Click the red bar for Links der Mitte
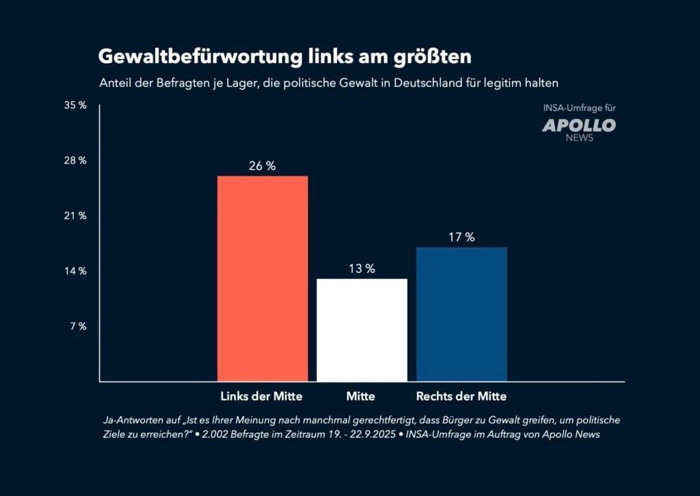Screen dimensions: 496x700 coord(262,278)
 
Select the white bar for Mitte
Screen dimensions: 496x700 coord(362,330)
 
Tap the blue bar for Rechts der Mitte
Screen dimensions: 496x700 coord(461,314)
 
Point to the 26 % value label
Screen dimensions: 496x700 coord(262,166)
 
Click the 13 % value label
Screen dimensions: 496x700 coord(362,269)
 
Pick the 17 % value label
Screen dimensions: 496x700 coord(461,237)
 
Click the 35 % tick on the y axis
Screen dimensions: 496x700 coord(76,106)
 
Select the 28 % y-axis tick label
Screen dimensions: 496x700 coord(76,161)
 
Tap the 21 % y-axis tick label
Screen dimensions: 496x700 coord(76,216)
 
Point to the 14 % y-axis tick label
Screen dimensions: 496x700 coord(76,271)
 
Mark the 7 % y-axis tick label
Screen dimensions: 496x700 coord(78,326)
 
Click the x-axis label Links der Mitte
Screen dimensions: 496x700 coord(261,396)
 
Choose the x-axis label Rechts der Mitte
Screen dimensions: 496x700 coord(461,396)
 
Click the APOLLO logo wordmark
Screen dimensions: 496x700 coord(579,125)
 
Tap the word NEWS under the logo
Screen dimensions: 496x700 coord(579,138)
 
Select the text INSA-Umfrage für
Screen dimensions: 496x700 coord(579,108)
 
